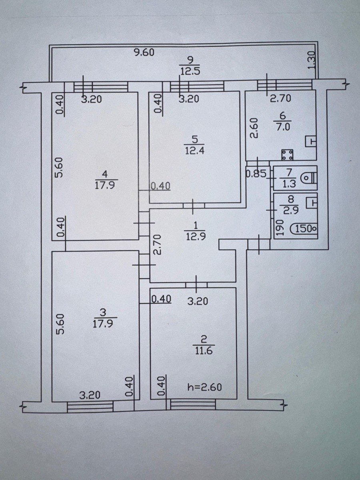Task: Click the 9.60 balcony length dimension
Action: point(144,53)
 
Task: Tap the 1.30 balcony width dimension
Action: point(312,60)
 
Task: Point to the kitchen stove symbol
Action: point(287,155)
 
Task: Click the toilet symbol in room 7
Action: point(309,178)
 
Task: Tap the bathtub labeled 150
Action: point(304,229)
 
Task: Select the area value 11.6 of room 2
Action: point(204,352)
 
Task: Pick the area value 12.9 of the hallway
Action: point(195,237)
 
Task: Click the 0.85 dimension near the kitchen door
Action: point(256,174)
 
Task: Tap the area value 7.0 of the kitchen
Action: point(283,127)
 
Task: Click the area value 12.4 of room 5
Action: point(194,150)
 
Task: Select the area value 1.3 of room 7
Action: point(289,184)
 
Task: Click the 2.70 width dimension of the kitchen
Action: point(281,99)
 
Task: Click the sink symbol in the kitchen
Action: point(311,141)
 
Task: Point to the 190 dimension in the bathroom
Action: point(280,228)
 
